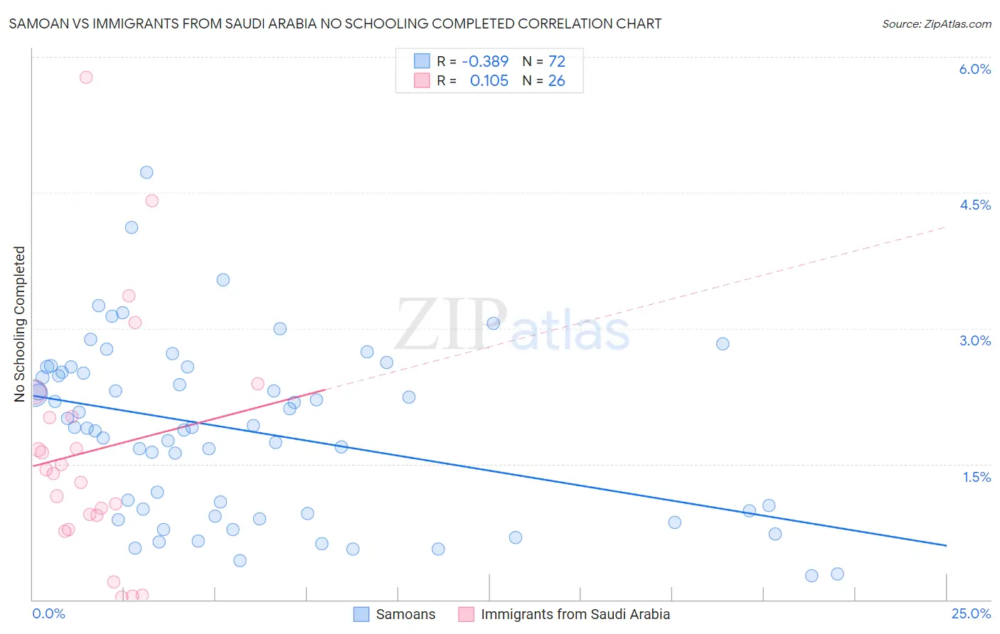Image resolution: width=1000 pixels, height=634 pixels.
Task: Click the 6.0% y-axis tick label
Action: pyautogui.click(x=974, y=69)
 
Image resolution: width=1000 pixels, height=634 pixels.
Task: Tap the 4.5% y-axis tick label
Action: pyautogui.click(x=974, y=205)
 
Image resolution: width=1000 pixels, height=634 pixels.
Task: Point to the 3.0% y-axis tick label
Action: pyautogui.click(x=974, y=340)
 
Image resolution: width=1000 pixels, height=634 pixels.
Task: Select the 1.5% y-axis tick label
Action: pyautogui.click(x=977, y=477)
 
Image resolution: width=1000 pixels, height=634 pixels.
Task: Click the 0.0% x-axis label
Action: pyautogui.click(x=48, y=613)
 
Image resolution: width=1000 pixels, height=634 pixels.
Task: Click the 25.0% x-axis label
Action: pyautogui.click(x=971, y=613)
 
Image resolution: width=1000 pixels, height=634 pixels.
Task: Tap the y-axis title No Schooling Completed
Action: pyautogui.click(x=20, y=324)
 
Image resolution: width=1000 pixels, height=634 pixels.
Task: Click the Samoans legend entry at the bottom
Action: pyautogui.click(x=405, y=614)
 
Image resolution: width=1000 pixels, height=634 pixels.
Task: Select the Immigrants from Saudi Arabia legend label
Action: pyautogui.click(x=575, y=614)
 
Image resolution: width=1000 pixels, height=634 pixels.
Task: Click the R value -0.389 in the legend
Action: pyautogui.click(x=485, y=62)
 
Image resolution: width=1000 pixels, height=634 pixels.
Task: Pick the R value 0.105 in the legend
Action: pyautogui.click(x=489, y=81)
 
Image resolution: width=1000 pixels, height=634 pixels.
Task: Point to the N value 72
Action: pyautogui.click(x=556, y=62)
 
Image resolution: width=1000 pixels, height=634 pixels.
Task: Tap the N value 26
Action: pyautogui.click(x=556, y=81)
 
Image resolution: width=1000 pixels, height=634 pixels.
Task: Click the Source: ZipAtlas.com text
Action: pyautogui.click(x=936, y=24)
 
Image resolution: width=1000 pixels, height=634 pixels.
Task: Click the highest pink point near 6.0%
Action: pyautogui.click(x=86, y=77)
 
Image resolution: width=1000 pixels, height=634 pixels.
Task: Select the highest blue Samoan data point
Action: pyautogui.click(x=147, y=172)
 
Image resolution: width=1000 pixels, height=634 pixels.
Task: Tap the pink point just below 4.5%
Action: pyautogui.click(x=151, y=200)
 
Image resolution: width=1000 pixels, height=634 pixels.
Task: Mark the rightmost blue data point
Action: pyautogui.click(x=837, y=574)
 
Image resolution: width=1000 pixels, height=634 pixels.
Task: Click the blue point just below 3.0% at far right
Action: pyautogui.click(x=723, y=343)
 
